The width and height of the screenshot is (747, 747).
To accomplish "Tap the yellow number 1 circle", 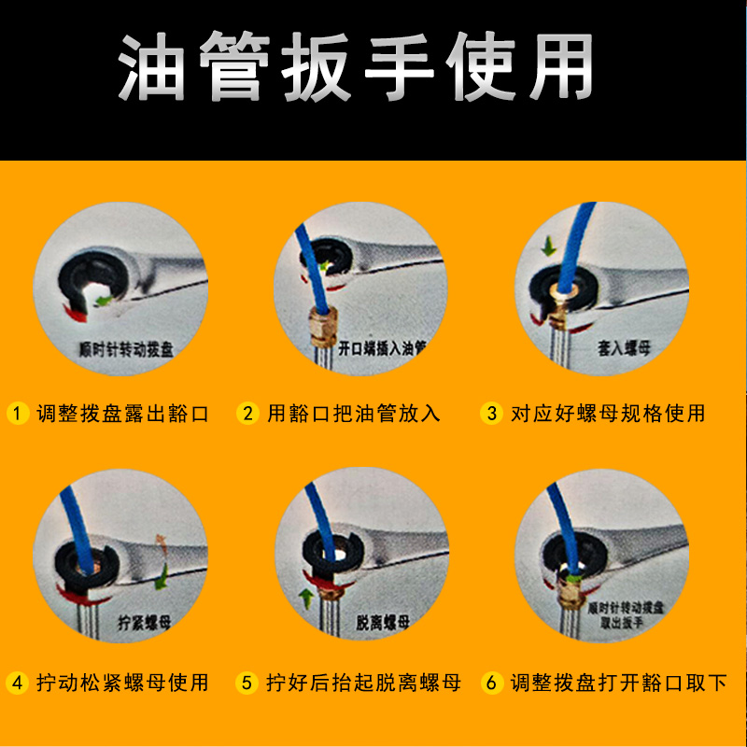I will [16, 413].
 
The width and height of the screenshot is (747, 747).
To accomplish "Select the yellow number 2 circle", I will [247, 413].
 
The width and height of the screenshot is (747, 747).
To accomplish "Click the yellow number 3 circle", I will [492, 413].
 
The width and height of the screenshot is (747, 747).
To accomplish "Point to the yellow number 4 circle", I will [16, 683].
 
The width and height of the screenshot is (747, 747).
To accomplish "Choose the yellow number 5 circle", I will [247, 683].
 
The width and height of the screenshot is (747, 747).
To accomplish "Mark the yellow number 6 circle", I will [492, 683].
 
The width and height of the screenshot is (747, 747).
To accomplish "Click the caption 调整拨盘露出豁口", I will [121, 413].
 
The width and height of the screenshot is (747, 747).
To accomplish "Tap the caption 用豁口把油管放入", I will [354, 413].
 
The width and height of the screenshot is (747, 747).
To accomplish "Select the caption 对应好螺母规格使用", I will [608, 413].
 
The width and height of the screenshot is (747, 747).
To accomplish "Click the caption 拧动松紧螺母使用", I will [121, 683].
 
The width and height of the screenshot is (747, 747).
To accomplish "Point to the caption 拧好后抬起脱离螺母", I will [363, 683].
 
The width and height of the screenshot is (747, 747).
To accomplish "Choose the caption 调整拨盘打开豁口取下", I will [618, 683].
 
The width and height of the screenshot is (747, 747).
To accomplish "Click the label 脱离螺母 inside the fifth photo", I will [383, 621].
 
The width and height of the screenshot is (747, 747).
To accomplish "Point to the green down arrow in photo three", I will [548, 248].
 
